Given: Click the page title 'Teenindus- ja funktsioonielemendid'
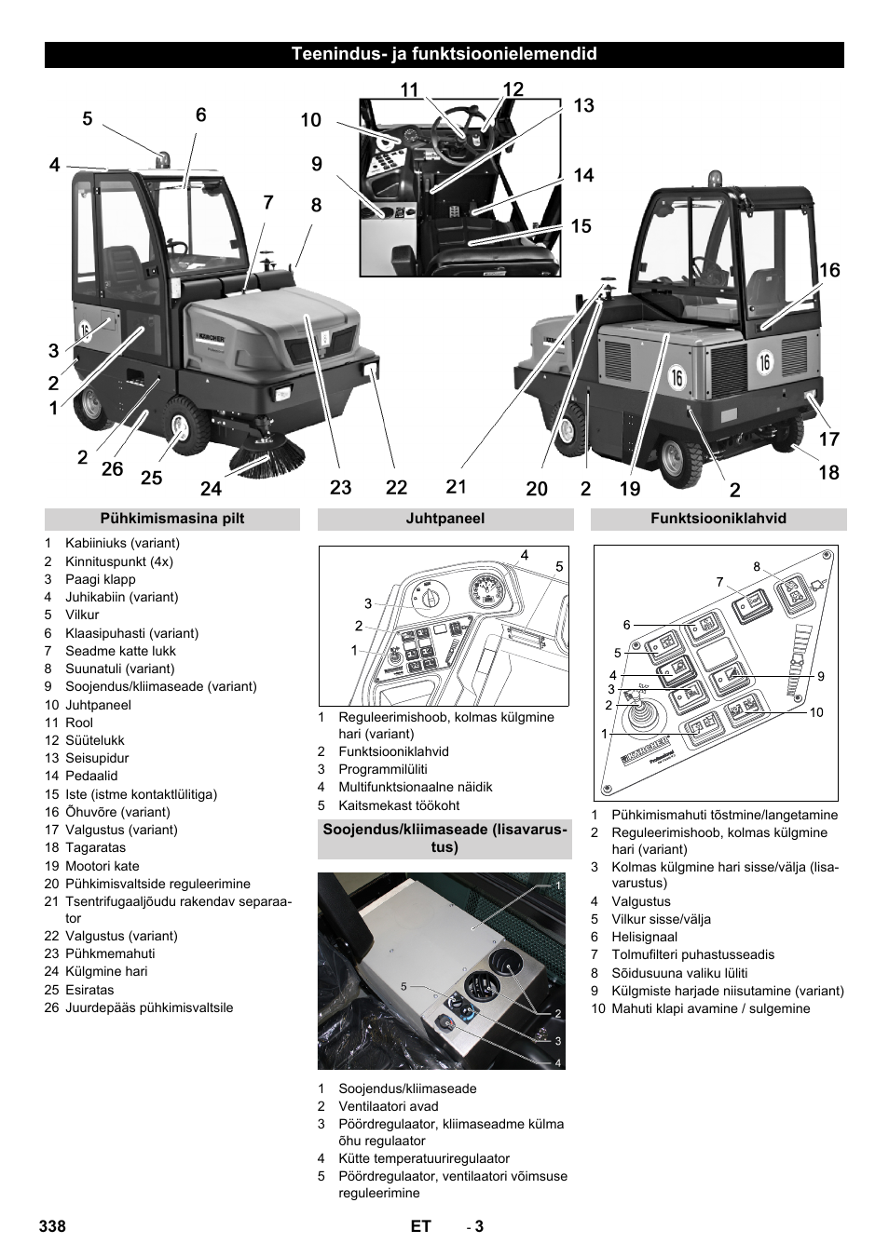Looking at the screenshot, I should click(x=444, y=54).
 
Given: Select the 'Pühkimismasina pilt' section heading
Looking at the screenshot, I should click(x=172, y=519).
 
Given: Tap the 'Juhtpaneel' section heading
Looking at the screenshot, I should click(x=444, y=519).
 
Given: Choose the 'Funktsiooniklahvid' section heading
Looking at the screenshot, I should click(x=718, y=519).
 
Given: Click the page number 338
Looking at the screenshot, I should click(x=53, y=1226).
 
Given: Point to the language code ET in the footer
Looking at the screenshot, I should click(x=420, y=1226).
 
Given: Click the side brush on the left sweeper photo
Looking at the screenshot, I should click(x=270, y=454).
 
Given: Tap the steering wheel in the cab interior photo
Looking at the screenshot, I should click(x=456, y=139).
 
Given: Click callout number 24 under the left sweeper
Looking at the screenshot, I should click(x=211, y=488).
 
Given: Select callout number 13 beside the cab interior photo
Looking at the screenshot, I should click(x=583, y=105).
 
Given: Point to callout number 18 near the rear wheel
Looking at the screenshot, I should click(x=828, y=472).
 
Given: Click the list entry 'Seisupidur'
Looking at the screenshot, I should click(x=97, y=758).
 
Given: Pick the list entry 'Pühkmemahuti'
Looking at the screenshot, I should click(x=110, y=953).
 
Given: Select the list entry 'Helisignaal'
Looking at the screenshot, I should click(x=644, y=937).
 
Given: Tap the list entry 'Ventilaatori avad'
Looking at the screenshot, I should click(x=388, y=1106).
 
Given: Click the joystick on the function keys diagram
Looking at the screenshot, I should click(x=640, y=718).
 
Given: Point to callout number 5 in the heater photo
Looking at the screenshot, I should click(x=403, y=986).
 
